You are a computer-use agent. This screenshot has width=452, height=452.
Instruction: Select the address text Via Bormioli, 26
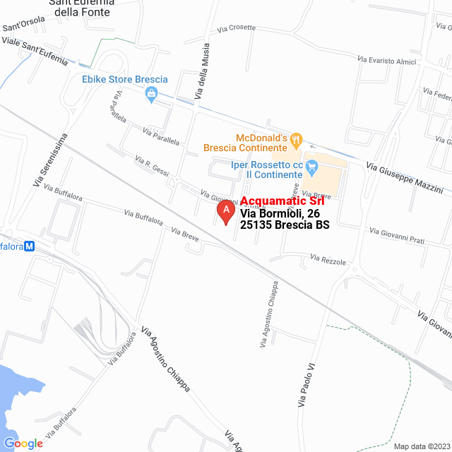click(280, 213)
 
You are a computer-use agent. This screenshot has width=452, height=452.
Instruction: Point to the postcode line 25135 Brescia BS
click(285, 225)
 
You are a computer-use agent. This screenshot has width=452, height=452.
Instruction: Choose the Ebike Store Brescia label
click(125, 79)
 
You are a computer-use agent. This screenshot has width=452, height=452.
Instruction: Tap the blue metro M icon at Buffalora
click(30, 246)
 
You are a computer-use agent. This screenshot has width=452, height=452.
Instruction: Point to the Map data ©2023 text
click(421, 446)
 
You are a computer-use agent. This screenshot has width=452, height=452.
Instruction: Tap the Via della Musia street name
click(202, 78)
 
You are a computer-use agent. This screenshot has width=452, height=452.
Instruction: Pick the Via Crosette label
click(237, 29)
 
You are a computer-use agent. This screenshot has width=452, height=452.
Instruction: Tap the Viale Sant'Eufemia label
click(35, 52)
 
